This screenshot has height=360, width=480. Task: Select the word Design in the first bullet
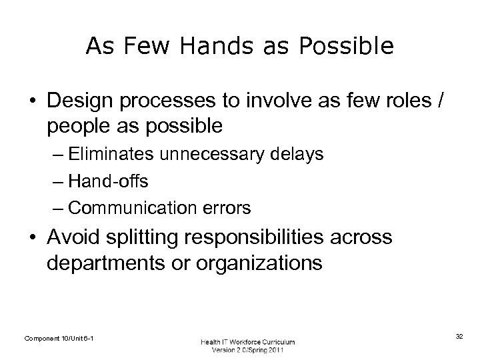(75, 101)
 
